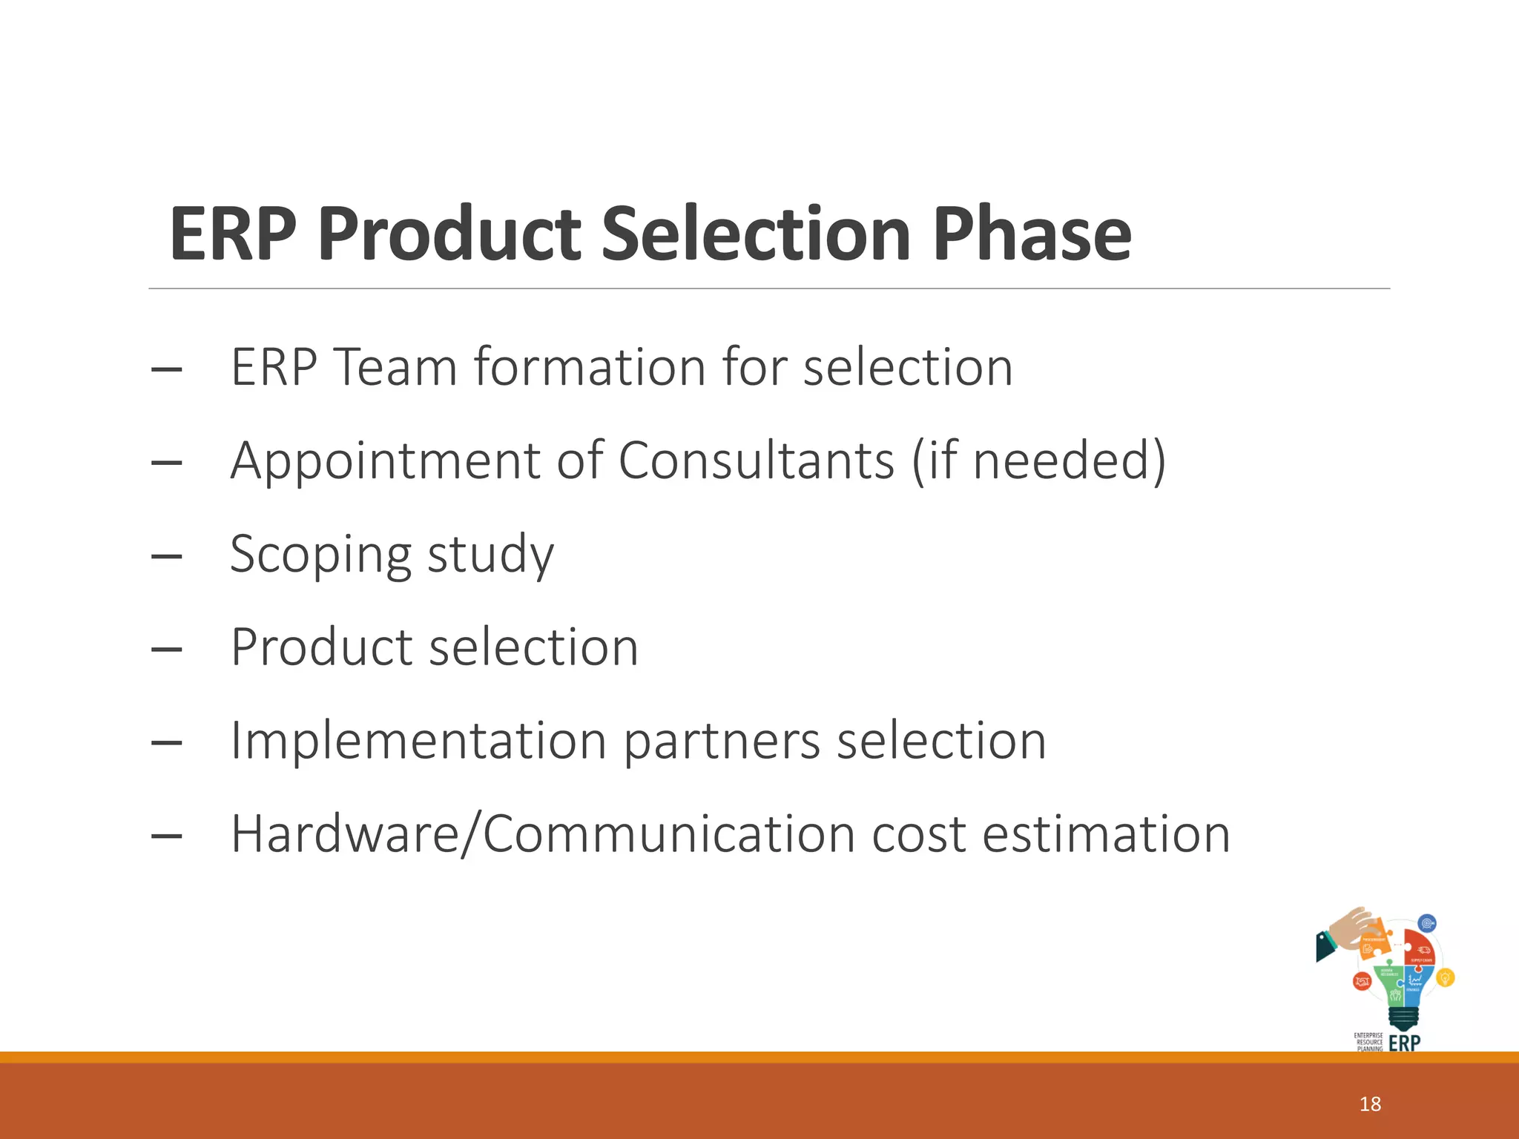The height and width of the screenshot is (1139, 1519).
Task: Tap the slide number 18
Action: tap(1370, 1104)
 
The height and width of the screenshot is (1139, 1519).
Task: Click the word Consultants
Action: tap(756, 460)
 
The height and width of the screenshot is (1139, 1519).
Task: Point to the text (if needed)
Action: tap(1038, 460)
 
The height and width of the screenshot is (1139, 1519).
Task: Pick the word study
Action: tap(490, 555)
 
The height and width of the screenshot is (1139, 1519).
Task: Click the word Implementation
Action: tap(418, 741)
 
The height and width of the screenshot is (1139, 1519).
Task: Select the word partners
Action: tap(722, 742)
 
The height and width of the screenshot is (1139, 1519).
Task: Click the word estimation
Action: tap(1106, 834)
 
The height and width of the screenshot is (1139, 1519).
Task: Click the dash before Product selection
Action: tap(166, 650)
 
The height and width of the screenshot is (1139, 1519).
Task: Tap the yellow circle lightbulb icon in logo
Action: tap(1445, 978)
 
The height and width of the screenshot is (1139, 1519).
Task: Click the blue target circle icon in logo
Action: tap(1427, 924)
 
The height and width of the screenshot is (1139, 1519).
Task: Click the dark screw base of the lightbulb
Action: tap(1403, 1018)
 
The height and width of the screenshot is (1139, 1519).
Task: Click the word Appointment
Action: tap(386, 460)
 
